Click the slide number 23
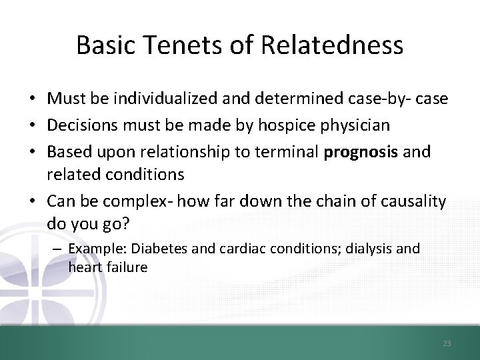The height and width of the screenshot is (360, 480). click(x=447, y=343)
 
